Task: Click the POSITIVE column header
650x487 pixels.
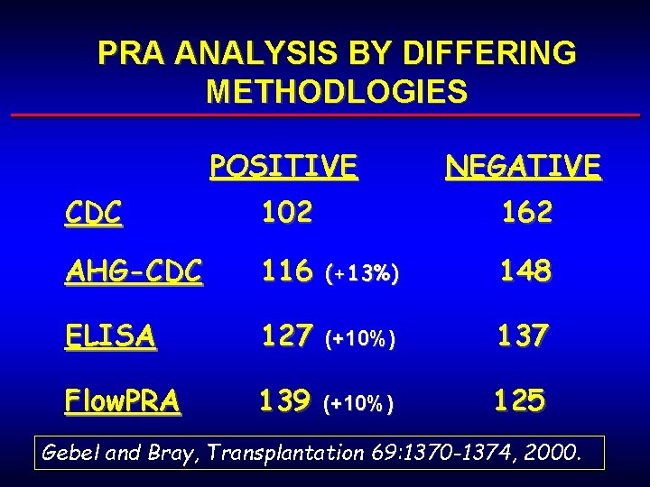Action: tap(283, 166)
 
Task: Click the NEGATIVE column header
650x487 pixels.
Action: tap(523, 166)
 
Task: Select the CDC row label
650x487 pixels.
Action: tap(94, 213)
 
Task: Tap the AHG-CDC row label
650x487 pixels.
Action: tap(134, 271)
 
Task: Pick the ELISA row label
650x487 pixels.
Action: tap(110, 335)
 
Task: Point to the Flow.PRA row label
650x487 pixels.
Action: tap(122, 400)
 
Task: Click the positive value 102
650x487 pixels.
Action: tap(286, 213)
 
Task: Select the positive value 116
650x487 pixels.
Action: tap(286, 271)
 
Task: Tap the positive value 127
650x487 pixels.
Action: tap(286, 335)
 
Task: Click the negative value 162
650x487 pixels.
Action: tap(526, 213)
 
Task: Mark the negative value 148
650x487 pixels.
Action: tap(526, 271)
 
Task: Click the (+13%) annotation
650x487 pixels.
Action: tap(360, 273)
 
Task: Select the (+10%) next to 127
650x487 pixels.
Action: tap(360, 338)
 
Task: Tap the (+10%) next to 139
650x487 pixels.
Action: tap(359, 403)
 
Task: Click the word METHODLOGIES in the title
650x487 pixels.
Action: tap(337, 92)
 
